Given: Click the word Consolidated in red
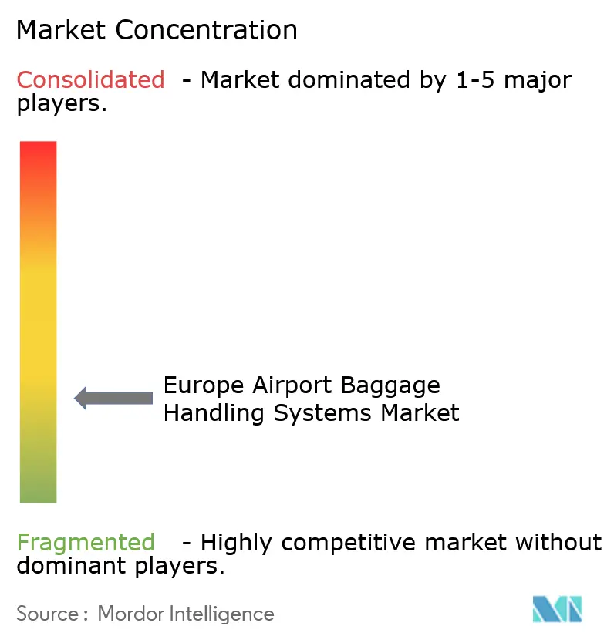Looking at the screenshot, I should coord(90,79).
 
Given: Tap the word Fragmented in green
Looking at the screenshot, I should coord(86,543).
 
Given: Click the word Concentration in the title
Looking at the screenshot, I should coord(207,30).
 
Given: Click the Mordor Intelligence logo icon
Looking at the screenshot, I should coord(557,609).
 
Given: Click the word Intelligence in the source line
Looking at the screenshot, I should coord(223,614).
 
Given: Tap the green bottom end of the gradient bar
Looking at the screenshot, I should coord(38,493).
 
